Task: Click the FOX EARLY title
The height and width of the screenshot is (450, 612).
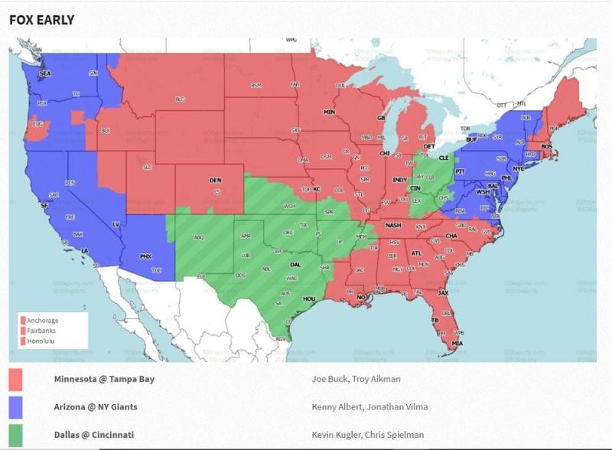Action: pyautogui.click(x=41, y=20)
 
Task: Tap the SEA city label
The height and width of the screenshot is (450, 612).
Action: pyautogui.click(x=44, y=73)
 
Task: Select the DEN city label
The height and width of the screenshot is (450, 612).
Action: pyautogui.click(x=216, y=181)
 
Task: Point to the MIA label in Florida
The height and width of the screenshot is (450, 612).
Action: pyautogui.click(x=457, y=343)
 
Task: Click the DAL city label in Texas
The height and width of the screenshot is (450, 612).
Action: pyautogui.click(x=295, y=265)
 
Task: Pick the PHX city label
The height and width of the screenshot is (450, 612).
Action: pyautogui.click(x=146, y=256)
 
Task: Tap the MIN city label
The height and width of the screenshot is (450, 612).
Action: pyautogui.click(x=330, y=112)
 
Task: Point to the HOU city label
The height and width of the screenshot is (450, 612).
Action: pyautogui.click(x=309, y=299)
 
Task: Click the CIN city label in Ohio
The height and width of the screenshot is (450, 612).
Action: pyautogui.click(x=415, y=187)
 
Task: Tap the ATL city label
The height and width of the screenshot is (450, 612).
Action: pyautogui.click(x=416, y=253)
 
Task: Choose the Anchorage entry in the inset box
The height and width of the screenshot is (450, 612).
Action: pyautogui.click(x=43, y=320)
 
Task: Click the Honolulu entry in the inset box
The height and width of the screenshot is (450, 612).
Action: pyautogui.click(x=42, y=340)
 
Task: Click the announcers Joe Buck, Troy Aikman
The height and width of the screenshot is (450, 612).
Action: pyautogui.click(x=355, y=379)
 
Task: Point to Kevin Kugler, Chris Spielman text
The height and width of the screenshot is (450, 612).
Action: pyautogui.click(x=367, y=434)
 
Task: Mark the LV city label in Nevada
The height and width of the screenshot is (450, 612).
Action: pyautogui.click(x=116, y=224)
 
